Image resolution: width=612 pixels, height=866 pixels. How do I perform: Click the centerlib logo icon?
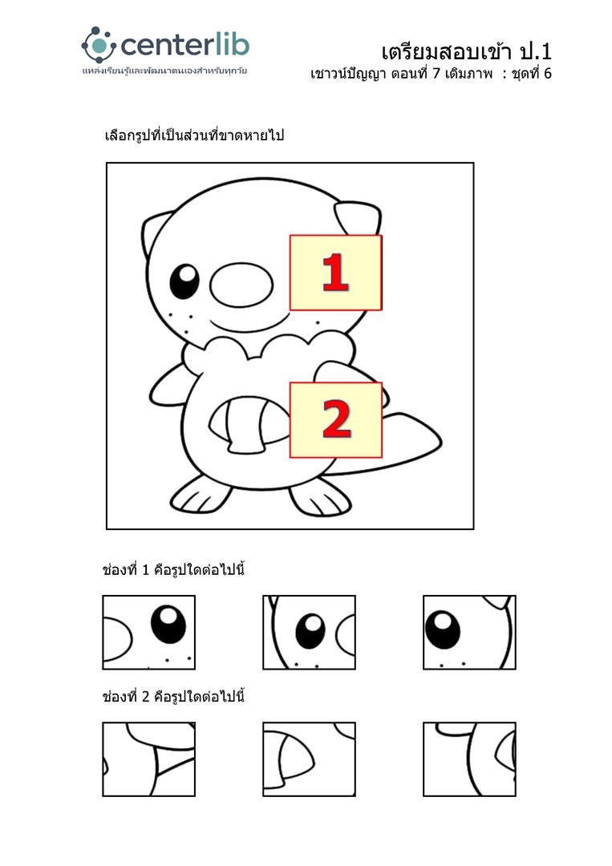pos(99,45)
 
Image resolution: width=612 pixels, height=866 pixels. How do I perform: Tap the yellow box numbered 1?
pos(336,273)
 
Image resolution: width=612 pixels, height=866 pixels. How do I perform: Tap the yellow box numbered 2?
pos(336,419)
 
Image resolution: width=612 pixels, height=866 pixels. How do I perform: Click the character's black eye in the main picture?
pos(184,281)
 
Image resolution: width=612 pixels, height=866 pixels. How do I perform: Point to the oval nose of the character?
pos(242,285)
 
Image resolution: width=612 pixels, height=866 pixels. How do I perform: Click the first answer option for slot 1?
pos(148,633)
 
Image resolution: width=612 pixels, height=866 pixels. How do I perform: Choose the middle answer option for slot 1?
pos(309,633)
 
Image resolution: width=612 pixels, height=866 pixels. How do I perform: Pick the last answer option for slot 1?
pos(469,633)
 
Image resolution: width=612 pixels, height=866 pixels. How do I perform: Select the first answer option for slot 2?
pos(148,759)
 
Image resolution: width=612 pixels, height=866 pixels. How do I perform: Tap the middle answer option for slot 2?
pos(309,759)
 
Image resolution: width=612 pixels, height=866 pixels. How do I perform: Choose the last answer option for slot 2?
pos(469,759)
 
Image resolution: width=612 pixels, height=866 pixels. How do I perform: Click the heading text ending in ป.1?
pos(466,52)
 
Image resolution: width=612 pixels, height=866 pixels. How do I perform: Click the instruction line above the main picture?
pos(194,136)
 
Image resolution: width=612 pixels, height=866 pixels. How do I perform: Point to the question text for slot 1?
pos(173,569)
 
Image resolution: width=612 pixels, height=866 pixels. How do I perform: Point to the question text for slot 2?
pos(173,697)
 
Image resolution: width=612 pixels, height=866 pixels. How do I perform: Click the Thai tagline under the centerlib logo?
pos(164,71)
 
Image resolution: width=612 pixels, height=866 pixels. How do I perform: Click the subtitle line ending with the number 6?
pos(431,74)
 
